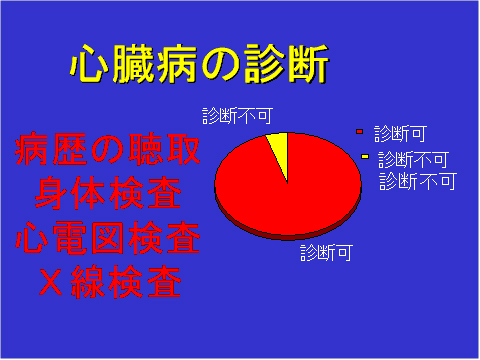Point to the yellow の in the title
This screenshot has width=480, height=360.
(x=229, y=65)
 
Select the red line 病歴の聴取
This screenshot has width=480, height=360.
(x=108, y=152)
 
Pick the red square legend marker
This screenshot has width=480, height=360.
(x=360, y=132)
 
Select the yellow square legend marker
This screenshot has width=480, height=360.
(x=365, y=157)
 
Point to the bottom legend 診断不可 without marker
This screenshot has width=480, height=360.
(x=418, y=181)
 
